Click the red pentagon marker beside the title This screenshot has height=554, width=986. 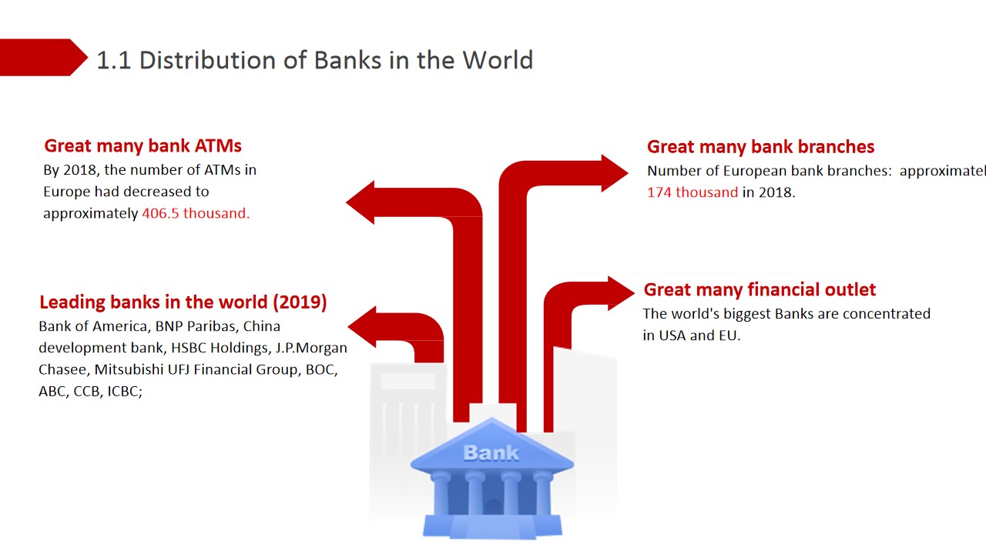click(x=42, y=58)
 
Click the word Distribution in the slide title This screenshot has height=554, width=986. click(x=208, y=60)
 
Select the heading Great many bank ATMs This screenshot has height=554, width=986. click(x=143, y=146)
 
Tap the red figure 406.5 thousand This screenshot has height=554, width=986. click(x=196, y=213)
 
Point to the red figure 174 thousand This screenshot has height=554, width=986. click(x=693, y=192)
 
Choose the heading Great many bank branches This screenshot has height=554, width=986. click(x=760, y=147)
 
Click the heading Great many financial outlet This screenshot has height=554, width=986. click(x=760, y=290)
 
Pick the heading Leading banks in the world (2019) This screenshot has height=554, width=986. click(x=183, y=302)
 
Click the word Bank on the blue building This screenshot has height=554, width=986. click(x=491, y=453)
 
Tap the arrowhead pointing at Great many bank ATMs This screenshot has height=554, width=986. click(x=361, y=202)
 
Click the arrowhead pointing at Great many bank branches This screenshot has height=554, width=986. click(x=615, y=173)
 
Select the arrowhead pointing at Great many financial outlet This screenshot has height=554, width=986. click(x=621, y=293)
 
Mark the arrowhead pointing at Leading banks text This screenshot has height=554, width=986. click(x=362, y=327)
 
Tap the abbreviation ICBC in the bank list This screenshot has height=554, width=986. click(x=125, y=391)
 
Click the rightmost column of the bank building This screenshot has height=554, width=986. click(x=542, y=494)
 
